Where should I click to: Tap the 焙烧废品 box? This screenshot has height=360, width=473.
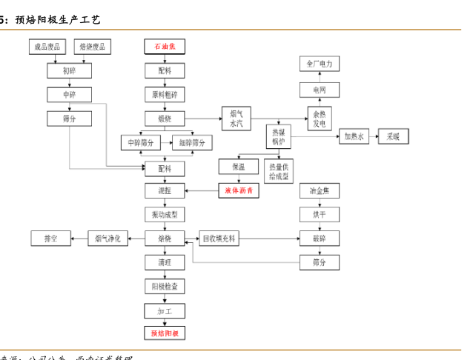[x=93, y=47]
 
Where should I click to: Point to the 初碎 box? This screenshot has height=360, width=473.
[x=69, y=71]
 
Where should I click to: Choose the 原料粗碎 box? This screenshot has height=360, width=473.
[x=165, y=94]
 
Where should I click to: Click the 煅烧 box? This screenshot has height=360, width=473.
[x=165, y=118]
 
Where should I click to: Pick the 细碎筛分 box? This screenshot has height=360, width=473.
[x=192, y=142]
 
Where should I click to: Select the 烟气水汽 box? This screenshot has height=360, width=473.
[x=236, y=119]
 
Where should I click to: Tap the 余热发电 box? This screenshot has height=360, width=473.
[x=320, y=119]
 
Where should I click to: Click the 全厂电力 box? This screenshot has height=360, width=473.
[x=320, y=64]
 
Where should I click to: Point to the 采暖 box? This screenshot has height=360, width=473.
[x=393, y=136]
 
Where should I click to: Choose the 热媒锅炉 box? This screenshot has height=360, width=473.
[x=279, y=136]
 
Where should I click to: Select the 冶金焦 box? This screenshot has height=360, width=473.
[x=320, y=190]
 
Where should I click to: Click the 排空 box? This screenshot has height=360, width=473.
[x=50, y=239]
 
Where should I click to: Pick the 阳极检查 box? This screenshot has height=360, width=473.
[x=165, y=286]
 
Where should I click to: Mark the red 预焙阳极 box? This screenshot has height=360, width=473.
[x=165, y=333]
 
